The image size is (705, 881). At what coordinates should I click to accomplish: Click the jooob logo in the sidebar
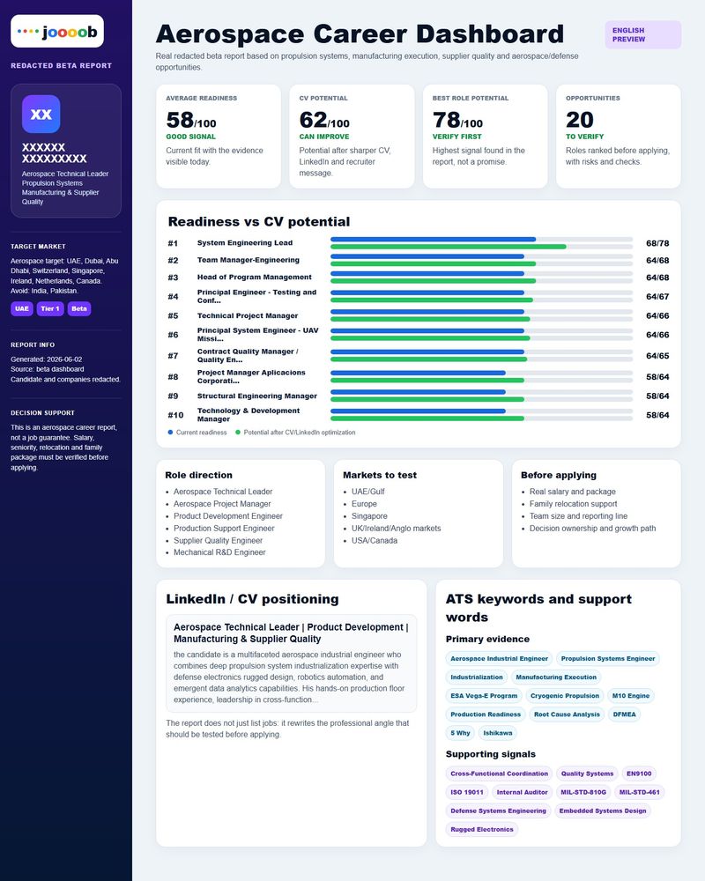click(x=57, y=32)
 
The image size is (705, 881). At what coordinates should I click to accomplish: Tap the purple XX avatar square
click(x=41, y=114)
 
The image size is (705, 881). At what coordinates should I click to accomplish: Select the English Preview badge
click(x=643, y=35)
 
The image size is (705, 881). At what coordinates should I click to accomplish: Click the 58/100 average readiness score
click(x=190, y=120)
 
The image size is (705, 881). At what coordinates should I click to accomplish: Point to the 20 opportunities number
click(x=580, y=120)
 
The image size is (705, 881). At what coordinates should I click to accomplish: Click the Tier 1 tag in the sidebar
click(x=50, y=308)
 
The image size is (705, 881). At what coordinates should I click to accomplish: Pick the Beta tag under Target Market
click(x=79, y=308)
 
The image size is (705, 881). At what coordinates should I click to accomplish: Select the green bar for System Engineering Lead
click(x=448, y=247)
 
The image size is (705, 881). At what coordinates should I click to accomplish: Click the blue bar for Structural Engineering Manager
click(x=418, y=392)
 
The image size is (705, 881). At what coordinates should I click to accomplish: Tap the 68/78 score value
click(x=657, y=243)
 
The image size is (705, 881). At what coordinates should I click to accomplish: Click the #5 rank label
click(x=173, y=315)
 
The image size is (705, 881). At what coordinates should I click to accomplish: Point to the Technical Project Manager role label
click(x=248, y=315)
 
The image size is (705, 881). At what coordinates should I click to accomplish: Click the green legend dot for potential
click(x=238, y=433)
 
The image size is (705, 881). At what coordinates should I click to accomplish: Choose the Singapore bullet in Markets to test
click(x=369, y=515)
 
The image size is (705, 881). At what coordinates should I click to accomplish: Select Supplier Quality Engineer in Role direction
click(x=219, y=541)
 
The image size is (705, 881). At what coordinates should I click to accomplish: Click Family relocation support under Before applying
click(x=573, y=504)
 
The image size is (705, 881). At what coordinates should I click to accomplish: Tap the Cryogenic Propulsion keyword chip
click(x=565, y=696)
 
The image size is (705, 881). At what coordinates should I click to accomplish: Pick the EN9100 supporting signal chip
click(x=639, y=774)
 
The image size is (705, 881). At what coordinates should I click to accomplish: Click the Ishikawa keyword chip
click(x=498, y=733)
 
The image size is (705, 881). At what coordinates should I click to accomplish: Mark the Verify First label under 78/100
click(x=456, y=137)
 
